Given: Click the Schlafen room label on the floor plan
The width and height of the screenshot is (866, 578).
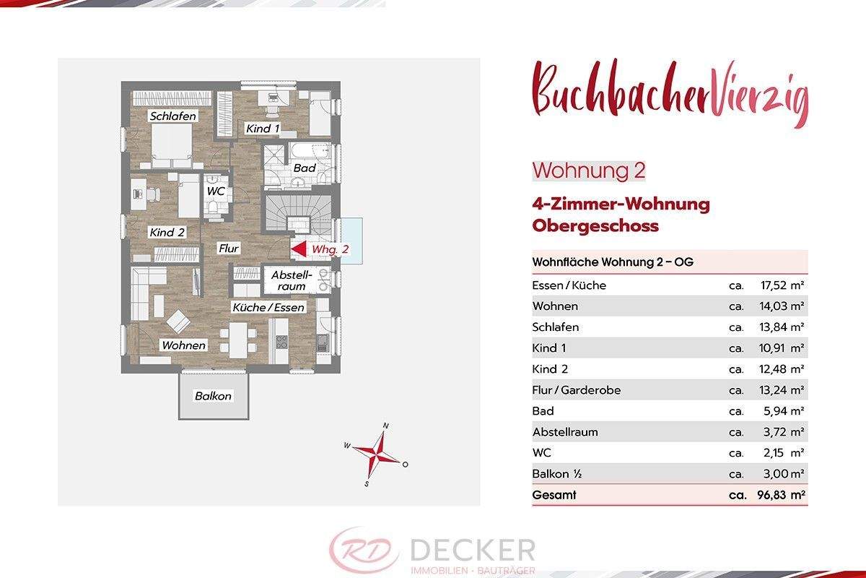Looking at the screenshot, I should [173, 116].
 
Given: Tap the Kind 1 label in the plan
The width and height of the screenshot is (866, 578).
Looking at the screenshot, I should [263, 129].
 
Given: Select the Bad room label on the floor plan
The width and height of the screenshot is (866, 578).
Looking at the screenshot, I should [304, 168].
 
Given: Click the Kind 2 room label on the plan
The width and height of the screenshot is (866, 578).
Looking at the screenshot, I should [167, 233].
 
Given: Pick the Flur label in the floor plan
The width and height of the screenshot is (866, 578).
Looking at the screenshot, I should [229, 249].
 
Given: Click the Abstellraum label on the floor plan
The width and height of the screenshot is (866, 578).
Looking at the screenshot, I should [290, 281].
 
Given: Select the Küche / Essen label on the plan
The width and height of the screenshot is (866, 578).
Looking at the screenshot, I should [268, 308].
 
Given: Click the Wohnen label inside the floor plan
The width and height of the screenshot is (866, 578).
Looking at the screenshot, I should [183, 345].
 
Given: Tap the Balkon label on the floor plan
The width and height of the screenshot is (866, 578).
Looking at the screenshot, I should [214, 396].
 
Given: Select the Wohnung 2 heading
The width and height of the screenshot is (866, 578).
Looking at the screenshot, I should [588, 171].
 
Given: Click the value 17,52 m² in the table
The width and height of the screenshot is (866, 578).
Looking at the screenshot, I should [782, 285].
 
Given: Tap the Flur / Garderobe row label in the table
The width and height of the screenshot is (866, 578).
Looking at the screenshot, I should [576, 390].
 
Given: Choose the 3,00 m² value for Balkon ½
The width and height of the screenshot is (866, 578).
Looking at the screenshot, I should [782, 475].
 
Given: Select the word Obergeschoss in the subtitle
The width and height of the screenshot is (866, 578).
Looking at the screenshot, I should [595, 225].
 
